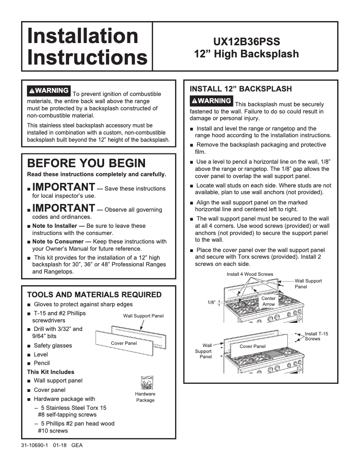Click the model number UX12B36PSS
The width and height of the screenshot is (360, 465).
point(246,42)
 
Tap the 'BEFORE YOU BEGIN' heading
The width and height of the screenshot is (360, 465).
point(86,163)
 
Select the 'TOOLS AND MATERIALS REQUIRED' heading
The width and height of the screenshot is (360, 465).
point(94,295)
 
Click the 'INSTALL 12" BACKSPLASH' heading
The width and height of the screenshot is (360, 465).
point(241,89)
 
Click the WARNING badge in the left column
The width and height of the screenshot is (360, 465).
point(48,90)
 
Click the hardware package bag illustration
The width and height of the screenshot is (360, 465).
point(145,382)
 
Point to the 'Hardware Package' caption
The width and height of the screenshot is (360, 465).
point(145,397)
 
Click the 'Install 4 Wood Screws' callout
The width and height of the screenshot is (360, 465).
point(250,274)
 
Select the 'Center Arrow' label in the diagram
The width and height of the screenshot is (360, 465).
point(268,301)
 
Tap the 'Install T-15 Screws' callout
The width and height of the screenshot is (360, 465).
point(316,336)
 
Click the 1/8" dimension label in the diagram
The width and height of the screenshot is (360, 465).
point(211,303)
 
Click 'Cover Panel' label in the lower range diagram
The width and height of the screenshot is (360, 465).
point(252,346)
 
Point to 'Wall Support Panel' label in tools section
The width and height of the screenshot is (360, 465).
point(143,316)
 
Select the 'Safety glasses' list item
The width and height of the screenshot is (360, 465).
point(53,346)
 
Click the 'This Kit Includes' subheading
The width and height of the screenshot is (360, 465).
point(51,372)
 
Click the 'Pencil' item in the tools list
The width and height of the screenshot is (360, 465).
point(42,363)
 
